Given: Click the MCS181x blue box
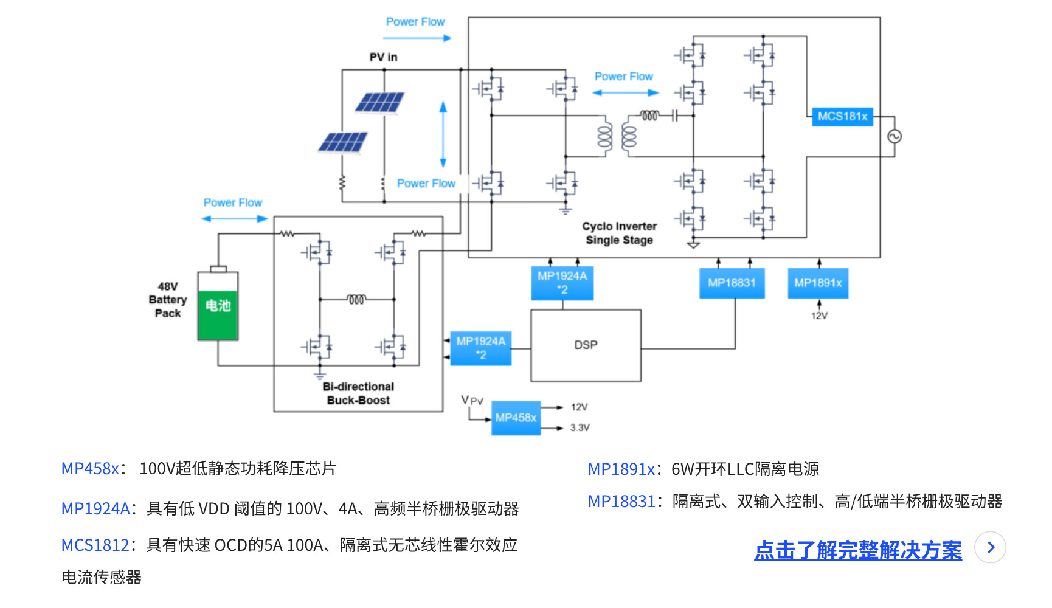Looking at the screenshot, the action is (842, 116).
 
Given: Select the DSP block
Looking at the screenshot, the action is (586, 345).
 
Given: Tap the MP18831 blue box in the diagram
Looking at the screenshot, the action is (732, 283).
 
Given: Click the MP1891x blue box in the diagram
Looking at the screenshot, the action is (818, 283).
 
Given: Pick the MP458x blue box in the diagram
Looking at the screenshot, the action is (516, 418).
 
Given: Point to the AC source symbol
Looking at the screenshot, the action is (894, 137).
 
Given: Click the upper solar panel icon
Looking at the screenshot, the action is (379, 103).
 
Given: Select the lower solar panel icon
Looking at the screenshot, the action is (343, 142).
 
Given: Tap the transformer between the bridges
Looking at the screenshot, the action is (617, 136).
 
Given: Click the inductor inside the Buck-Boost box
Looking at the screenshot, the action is (356, 299).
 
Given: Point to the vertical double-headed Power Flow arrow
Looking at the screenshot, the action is (443, 134).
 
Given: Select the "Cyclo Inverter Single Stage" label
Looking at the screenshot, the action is (619, 233).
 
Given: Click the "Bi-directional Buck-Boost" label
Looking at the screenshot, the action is (358, 393).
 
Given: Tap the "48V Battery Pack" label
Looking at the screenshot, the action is (168, 300).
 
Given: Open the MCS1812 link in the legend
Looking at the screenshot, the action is (95, 545).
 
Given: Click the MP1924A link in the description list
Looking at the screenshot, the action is (95, 508).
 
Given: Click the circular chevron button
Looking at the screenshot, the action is (990, 547).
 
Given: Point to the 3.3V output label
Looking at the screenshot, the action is (580, 428).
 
